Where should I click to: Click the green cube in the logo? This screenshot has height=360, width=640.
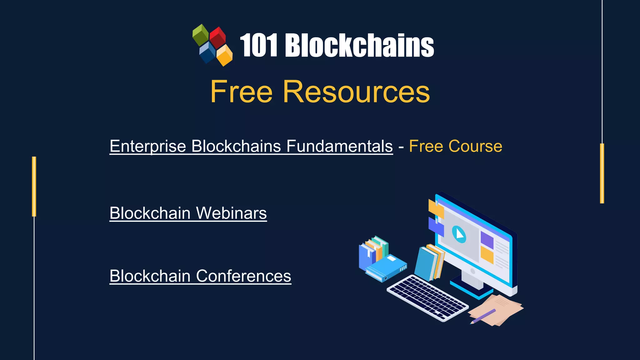click(x=201, y=34)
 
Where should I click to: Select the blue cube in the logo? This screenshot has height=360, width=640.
click(x=207, y=52)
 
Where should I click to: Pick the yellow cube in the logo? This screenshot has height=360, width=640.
click(x=224, y=55)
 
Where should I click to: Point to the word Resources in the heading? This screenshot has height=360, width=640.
click(x=356, y=92)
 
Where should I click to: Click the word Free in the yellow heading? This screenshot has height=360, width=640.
click(x=242, y=92)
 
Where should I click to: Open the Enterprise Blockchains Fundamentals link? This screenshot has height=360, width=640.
click(x=251, y=146)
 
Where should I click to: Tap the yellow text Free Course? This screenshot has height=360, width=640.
click(x=456, y=146)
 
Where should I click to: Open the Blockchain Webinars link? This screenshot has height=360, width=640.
click(x=188, y=213)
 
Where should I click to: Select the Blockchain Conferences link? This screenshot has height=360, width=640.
click(x=200, y=276)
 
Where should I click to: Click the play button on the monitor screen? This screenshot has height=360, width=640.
click(x=459, y=234)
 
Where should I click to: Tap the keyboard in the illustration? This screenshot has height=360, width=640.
click(x=427, y=297)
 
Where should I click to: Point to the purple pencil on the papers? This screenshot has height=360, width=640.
click(x=483, y=316)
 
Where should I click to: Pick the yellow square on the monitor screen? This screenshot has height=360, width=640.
click(x=487, y=255)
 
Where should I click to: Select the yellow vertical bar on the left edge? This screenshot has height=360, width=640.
click(x=34, y=187)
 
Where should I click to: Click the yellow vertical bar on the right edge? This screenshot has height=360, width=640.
click(x=602, y=173)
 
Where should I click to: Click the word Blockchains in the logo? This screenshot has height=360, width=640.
click(x=359, y=46)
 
